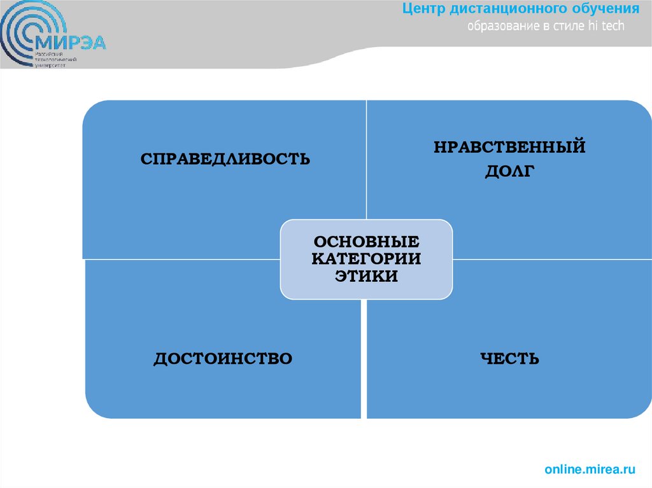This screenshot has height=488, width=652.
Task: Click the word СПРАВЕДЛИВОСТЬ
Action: (225, 158)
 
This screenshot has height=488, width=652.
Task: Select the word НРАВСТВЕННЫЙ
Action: (509, 148)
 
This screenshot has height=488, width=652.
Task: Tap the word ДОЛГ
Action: (509, 171)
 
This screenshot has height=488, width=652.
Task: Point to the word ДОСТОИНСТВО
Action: (223, 358)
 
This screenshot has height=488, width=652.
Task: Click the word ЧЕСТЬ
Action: (509, 359)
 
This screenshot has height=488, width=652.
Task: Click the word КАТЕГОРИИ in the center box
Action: (366, 260)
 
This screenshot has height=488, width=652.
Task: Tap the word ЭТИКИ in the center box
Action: (366, 276)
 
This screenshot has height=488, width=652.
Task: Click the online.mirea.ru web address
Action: (590, 470)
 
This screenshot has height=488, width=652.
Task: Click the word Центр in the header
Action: (424, 9)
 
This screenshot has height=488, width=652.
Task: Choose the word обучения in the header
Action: (604, 9)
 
